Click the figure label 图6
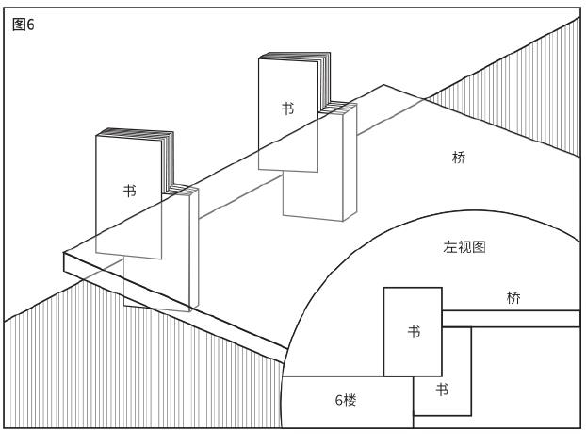tap(24, 25)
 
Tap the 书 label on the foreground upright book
tap(130, 191)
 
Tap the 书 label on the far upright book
tap(287, 108)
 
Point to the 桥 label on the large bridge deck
tap(459, 158)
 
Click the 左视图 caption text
tap(464, 247)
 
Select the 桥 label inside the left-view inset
tap(513, 298)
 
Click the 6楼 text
tap(346, 400)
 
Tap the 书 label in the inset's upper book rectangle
tap(414, 331)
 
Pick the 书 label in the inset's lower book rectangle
tap(442, 390)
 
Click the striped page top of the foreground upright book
tap(136, 133)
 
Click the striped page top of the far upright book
tap(295, 56)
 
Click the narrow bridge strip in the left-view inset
tap(511, 319)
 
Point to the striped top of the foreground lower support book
tap(180, 190)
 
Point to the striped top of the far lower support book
tap(337, 107)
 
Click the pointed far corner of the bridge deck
tap(383, 85)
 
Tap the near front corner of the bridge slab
tap(64, 253)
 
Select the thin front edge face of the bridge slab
tap(175, 308)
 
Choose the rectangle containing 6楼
tap(348, 402)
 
